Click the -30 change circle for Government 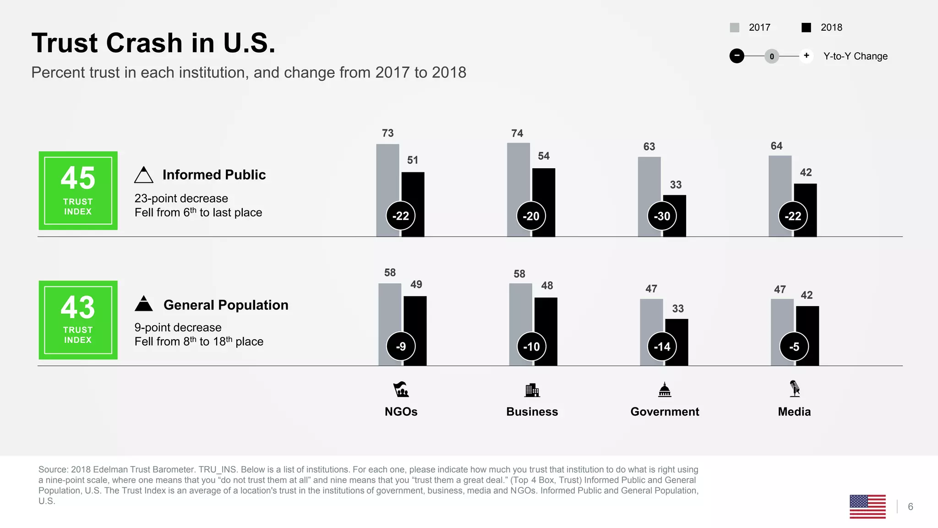click(662, 216)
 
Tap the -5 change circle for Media click(794, 346)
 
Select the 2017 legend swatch click(734, 27)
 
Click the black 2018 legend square click(806, 27)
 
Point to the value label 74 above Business click(517, 133)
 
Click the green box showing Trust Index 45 click(78, 191)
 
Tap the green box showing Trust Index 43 click(78, 320)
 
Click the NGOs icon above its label click(401, 390)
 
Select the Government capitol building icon click(665, 390)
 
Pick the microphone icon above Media click(795, 389)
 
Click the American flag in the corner click(867, 506)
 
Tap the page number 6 click(911, 506)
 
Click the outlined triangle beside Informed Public click(144, 175)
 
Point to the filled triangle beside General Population click(144, 304)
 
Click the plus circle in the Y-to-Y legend click(806, 56)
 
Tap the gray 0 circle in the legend click(772, 56)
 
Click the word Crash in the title click(144, 43)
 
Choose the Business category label click(532, 412)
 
